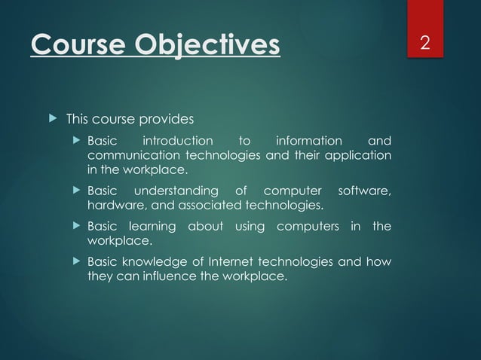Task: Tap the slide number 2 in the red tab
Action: (x=425, y=43)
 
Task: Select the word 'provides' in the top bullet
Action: (x=170, y=119)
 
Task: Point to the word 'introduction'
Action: (x=178, y=141)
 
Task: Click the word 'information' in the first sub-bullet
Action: (x=308, y=141)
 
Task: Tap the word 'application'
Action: (x=361, y=155)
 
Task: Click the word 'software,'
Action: (x=364, y=191)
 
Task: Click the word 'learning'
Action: (x=152, y=227)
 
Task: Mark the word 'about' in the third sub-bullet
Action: (x=205, y=227)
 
